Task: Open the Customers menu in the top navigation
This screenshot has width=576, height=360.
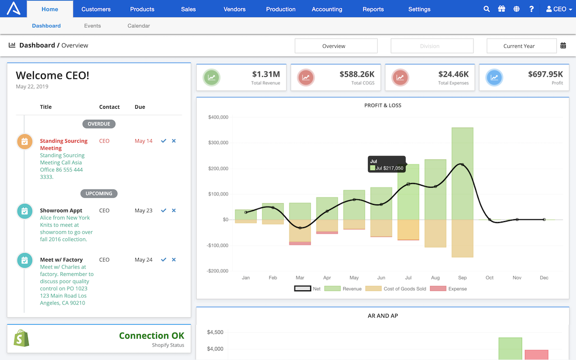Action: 96,9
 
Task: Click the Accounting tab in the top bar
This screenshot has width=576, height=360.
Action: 327,9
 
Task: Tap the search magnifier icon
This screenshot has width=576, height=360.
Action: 486,9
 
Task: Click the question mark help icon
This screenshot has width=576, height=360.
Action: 531,9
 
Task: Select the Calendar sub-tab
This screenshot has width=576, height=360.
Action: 138,26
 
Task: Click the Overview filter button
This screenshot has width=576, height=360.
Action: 336,46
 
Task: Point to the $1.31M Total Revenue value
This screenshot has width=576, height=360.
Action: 266,74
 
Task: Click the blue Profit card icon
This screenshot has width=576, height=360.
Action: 494,78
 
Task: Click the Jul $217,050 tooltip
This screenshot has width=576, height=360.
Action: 386,164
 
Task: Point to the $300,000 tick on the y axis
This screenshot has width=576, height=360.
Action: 218,143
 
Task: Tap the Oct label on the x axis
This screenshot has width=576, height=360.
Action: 490,278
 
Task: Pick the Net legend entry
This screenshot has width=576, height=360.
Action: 308,288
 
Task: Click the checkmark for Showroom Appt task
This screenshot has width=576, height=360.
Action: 164,210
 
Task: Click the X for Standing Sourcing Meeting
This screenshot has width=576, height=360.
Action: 174,141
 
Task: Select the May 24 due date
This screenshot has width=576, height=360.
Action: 144,260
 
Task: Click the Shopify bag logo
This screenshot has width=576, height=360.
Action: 21,338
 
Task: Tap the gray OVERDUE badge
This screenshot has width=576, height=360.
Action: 99,124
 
